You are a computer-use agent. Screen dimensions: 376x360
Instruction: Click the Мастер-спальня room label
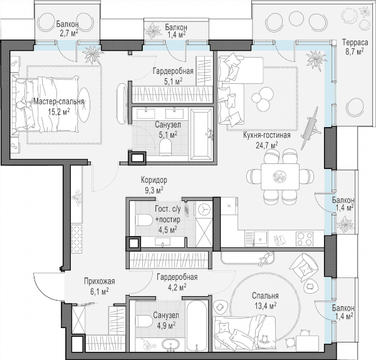click(59, 102)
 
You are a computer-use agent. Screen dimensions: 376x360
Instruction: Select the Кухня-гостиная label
click(267, 135)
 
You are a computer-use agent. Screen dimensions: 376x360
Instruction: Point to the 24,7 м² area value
click(267, 145)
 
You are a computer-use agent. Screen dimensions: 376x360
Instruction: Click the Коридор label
click(154, 180)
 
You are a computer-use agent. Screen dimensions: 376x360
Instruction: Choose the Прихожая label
click(100, 281)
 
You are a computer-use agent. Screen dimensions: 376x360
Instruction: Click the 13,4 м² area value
click(265, 306)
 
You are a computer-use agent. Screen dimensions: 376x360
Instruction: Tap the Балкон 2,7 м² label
click(68, 29)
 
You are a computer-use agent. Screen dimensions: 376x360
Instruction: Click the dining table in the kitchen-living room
click(280, 177)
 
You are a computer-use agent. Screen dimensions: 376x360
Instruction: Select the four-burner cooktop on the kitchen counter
click(305, 239)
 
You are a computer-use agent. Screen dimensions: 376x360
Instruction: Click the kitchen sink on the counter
click(260, 239)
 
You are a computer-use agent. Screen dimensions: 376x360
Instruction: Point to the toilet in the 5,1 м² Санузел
click(165, 147)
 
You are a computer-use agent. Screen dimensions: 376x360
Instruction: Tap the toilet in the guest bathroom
click(144, 220)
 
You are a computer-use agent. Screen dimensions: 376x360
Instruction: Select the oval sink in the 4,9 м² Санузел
click(170, 344)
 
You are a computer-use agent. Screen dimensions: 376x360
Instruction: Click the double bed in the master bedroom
click(46, 104)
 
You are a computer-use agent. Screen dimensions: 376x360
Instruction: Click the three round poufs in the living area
click(262, 98)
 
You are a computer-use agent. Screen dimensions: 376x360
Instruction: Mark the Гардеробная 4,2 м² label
click(177, 282)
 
